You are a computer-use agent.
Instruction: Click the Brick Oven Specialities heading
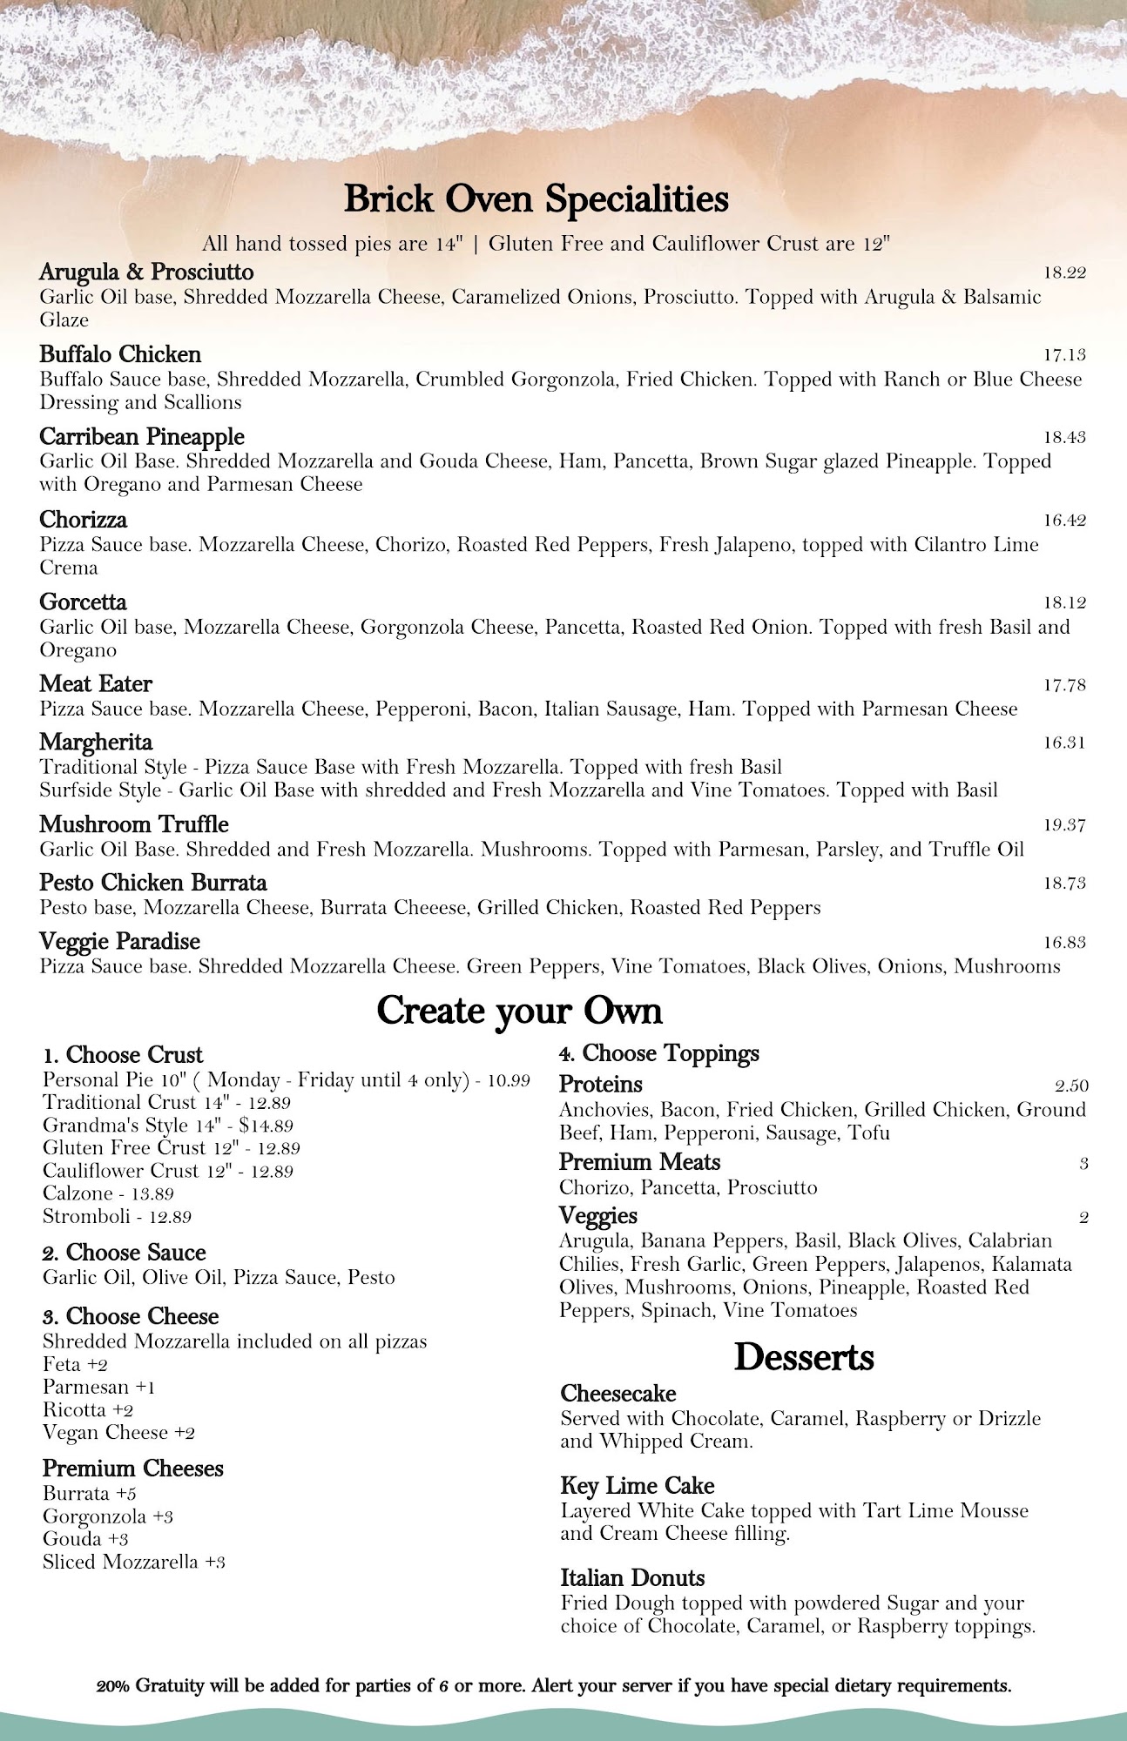point(536,199)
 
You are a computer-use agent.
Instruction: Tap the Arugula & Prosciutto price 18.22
point(1064,272)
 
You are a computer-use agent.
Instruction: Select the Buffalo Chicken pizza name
point(120,354)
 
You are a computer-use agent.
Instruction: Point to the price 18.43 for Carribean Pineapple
point(1064,437)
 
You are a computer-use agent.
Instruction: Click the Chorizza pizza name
point(83,520)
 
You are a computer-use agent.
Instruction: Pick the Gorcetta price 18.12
point(1064,602)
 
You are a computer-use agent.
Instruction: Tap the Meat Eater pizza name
point(96,684)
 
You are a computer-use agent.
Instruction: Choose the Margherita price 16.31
point(1064,743)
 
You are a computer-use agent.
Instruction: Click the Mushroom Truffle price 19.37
point(1064,825)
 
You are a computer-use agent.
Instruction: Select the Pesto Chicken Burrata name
point(153,883)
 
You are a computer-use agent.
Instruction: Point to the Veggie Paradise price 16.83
point(1064,942)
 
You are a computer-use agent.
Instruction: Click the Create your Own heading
point(519,1011)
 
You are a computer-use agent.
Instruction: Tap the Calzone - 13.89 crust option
point(108,1193)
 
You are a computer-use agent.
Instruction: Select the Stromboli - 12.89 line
point(117,1216)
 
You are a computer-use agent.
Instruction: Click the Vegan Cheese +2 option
point(118,1433)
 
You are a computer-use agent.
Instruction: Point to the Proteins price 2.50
point(1071,1086)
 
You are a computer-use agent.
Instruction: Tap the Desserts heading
point(803,1357)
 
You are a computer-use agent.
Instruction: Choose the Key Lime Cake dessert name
point(637,1486)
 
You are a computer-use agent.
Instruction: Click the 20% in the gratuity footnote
point(114,1686)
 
